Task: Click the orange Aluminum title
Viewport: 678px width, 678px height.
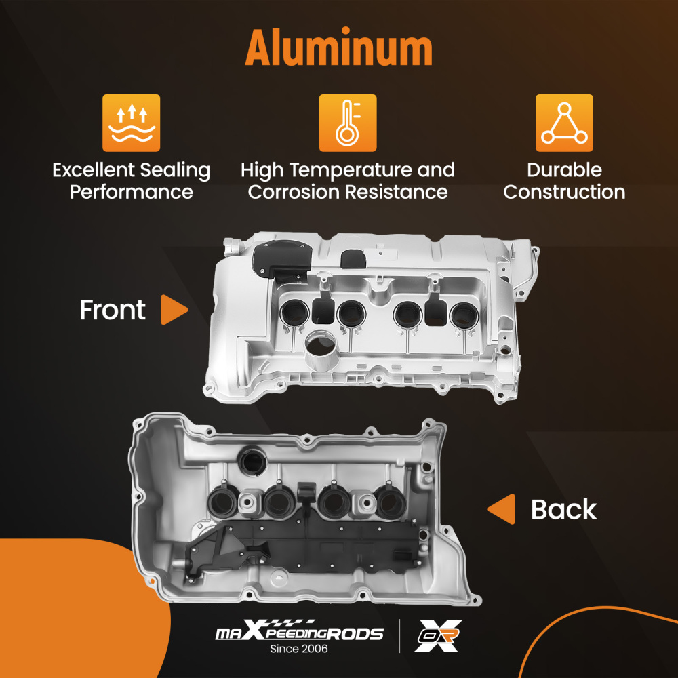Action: click(x=338, y=49)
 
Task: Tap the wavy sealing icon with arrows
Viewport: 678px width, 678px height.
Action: click(x=131, y=123)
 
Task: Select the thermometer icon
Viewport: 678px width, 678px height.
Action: click(x=347, y=123)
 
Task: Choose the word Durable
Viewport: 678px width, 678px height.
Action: click(x=564, y=169)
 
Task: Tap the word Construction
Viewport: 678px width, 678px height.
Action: click(x=564, y=192)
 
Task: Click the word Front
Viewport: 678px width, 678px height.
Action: click(x=113, y=310)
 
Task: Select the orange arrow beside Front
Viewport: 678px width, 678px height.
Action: click(x=174, y=310)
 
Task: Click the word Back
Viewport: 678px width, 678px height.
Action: click(x=563, y=509)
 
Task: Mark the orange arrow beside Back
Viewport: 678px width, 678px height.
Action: click(x=502, y=509)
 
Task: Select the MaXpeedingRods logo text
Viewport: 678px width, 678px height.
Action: click(x=299, y=633)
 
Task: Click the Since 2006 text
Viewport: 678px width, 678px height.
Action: click(x=299, y=649)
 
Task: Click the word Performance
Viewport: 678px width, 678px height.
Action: click(x=131, y=192)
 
